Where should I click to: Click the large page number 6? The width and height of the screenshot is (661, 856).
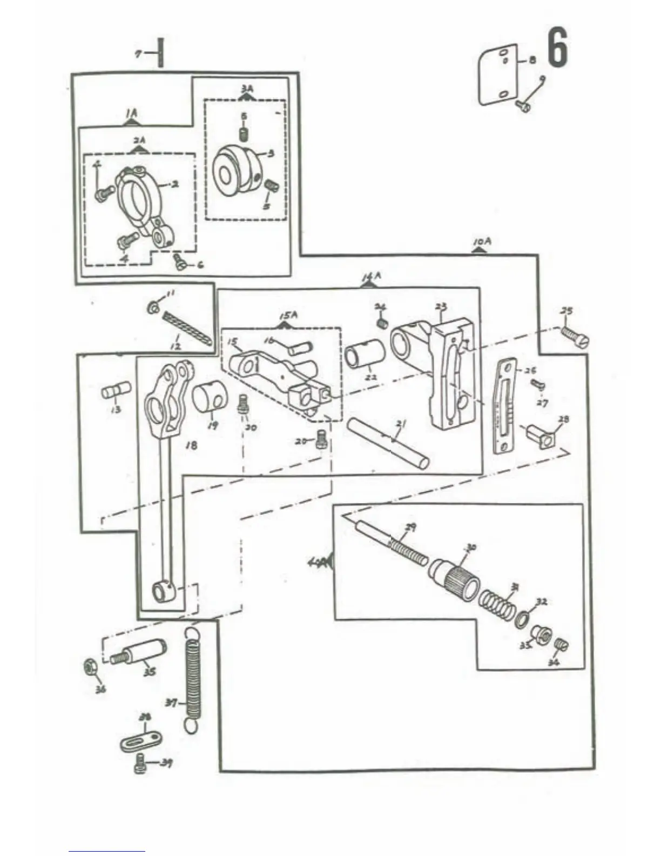tap(558, 48)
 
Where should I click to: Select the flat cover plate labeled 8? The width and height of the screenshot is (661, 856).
tap(498, 75)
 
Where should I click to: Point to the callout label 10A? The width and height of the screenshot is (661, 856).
tap(482, 243)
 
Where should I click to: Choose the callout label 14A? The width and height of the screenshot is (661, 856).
tap(371, 277)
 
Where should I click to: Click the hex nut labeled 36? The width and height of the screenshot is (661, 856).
tap(90, 667)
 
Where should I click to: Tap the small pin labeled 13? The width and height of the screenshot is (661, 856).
tap(116, 390)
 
